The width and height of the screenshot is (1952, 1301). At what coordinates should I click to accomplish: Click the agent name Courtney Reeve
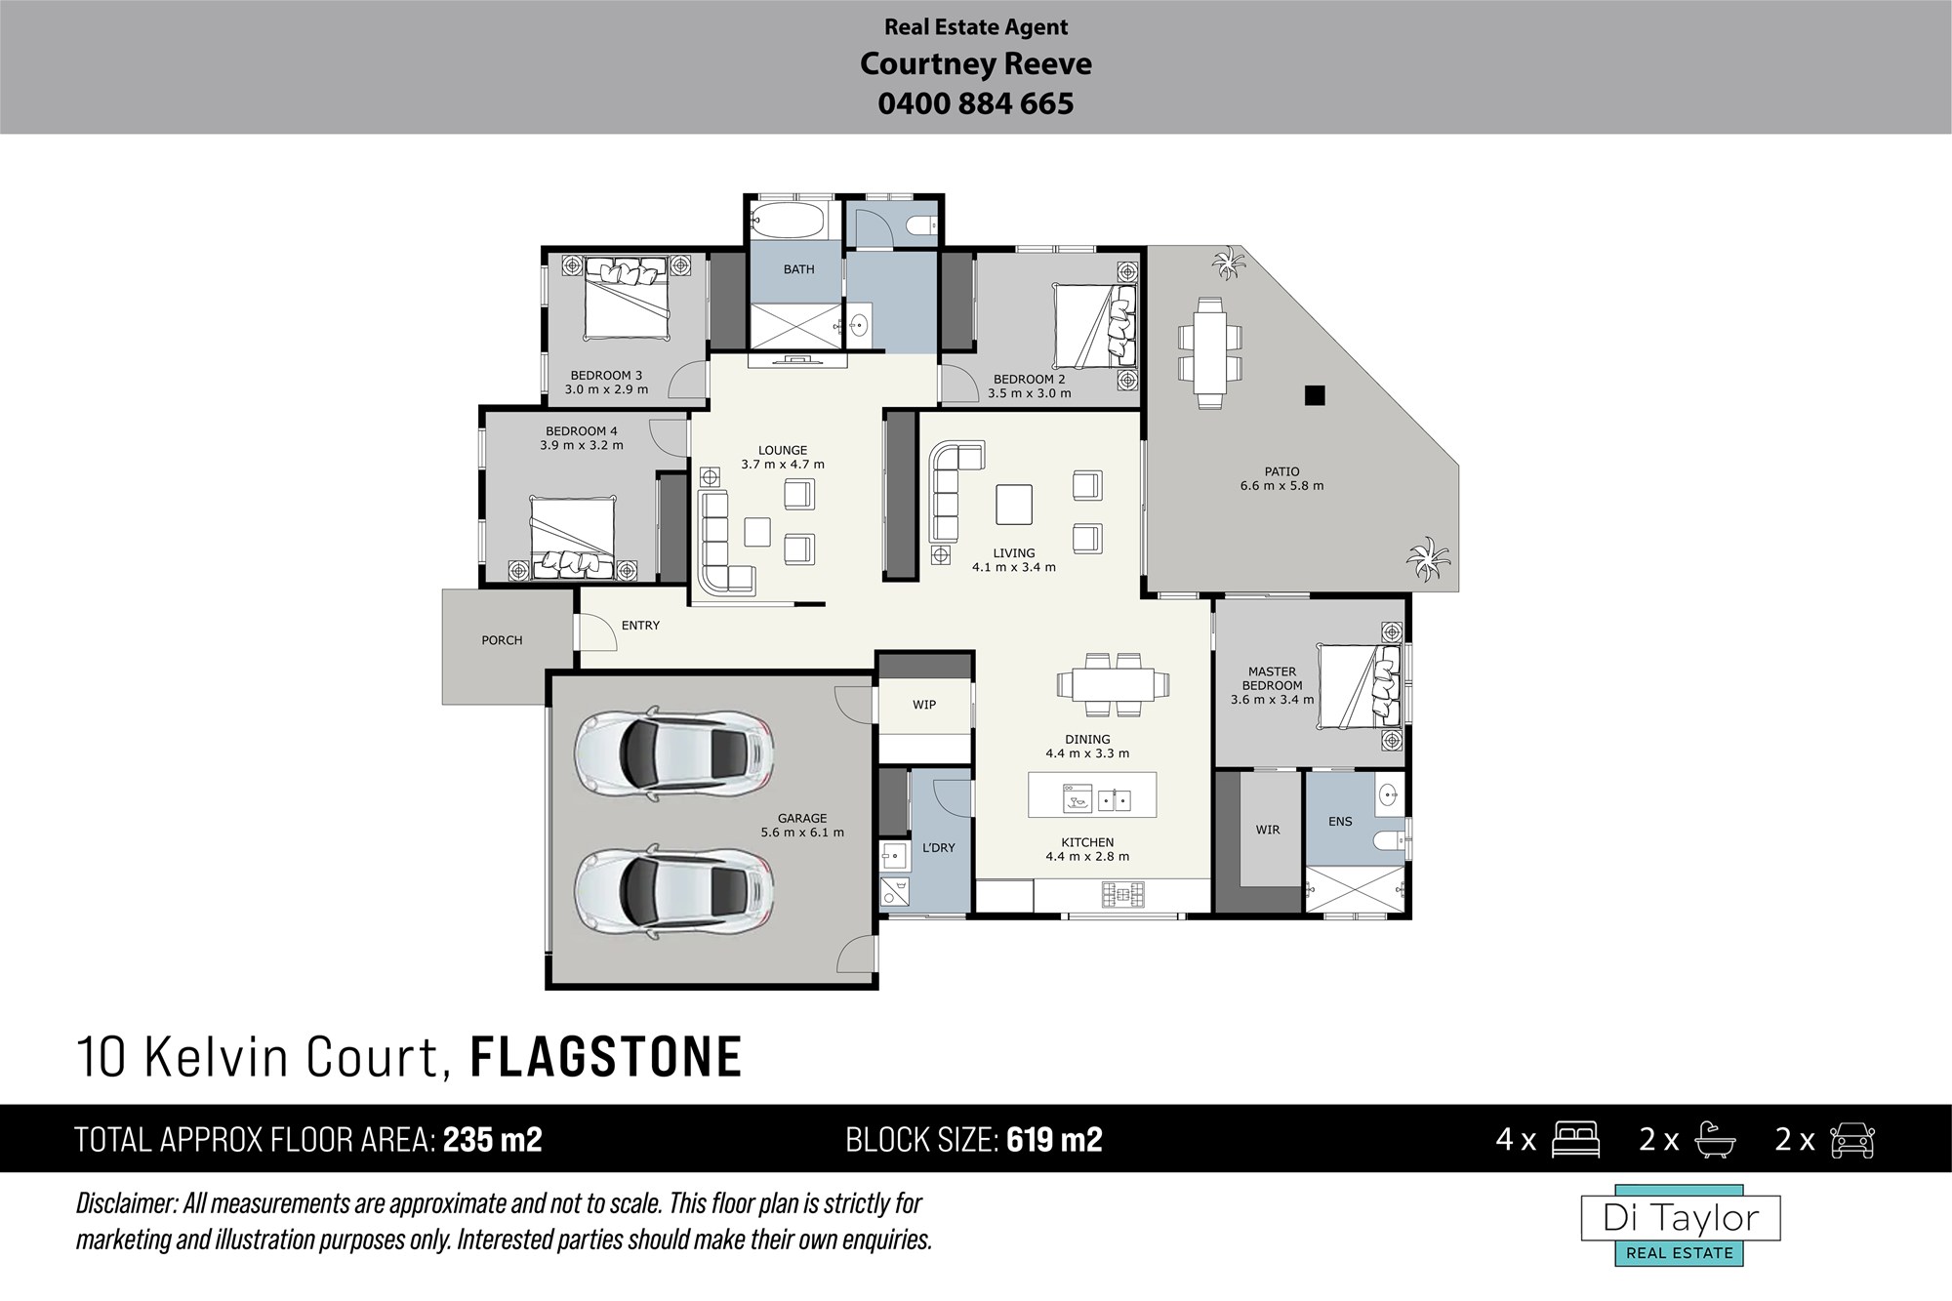pos(975,64)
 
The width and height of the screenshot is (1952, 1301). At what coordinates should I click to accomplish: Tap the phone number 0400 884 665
pos(975,103)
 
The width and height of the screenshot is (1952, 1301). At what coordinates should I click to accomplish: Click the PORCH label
pos(502,640)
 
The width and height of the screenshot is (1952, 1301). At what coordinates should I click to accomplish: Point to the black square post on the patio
pos(1315,395)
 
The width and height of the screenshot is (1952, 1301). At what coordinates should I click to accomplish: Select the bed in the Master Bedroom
pos(1360,686)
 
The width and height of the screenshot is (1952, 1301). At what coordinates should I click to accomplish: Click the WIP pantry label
pos(924,705)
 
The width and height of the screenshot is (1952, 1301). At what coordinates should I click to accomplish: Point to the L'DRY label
pos(939,848)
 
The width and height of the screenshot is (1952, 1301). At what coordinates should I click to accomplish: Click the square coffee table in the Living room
pos(1014,505)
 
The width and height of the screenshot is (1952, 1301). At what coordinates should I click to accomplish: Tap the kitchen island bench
pos(1092,794)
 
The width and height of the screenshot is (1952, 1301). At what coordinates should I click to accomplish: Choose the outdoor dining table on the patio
pos(1210,352)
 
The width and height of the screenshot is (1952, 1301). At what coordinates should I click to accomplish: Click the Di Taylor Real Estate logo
pos(1681,1226)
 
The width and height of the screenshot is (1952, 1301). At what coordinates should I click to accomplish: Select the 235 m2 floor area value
pos(493,1140)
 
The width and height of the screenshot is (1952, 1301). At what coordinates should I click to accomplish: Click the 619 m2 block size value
pos(1054,1140)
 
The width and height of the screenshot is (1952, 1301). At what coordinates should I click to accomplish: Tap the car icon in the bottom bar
pos(1851,1140)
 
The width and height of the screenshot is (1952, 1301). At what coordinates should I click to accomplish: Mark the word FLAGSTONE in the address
pos(606,1058)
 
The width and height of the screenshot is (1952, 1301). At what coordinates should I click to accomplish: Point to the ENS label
pos(1340,822)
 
